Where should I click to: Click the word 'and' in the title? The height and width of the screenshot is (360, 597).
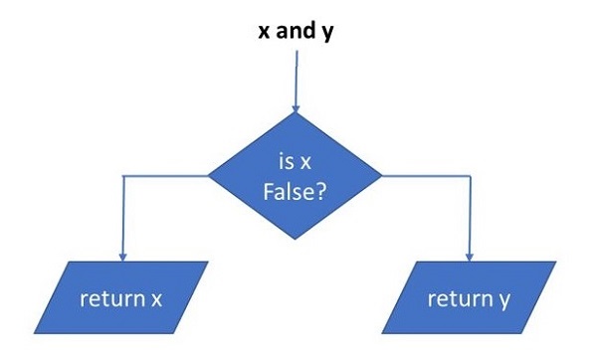[296, 30]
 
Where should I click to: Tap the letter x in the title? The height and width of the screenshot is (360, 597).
[265, 30]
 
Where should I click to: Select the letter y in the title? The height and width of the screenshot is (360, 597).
[327, 31]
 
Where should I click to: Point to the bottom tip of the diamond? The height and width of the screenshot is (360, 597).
[295, 240]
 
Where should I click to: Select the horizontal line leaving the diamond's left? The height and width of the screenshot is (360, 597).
[164, 175]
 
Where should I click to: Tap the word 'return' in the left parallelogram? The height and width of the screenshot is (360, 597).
[109, 298]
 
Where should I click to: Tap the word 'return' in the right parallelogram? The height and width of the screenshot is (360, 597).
[454, 297]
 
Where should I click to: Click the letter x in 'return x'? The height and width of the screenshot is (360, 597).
[156, 298]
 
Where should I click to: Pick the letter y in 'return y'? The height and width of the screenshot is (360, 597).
[501, 299]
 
